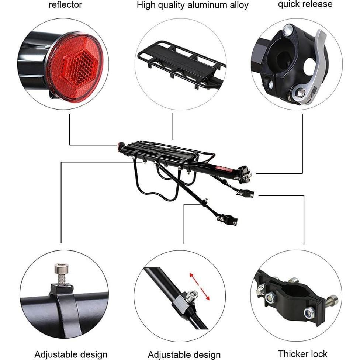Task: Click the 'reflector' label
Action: click(x=65, y=5)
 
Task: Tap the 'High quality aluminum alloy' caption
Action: click(x=193, y=5)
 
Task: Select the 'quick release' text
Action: click(x=305, y=4)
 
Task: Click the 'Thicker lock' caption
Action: click(x=303, y=354)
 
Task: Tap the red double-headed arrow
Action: click(x=200, y=287)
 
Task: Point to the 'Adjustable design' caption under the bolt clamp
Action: click(x=71, y=354)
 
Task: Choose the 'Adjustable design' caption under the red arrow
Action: click(x=184, y=355)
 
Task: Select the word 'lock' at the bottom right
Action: click(x=318, y=354)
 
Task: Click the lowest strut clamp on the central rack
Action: click(x=226, y=220)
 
